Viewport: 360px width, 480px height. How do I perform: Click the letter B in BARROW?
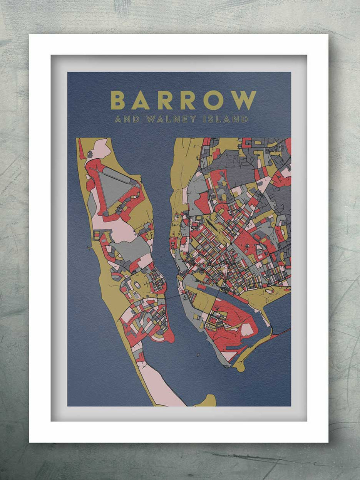coord(117,100)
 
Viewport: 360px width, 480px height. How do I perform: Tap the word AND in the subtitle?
coord(127,119)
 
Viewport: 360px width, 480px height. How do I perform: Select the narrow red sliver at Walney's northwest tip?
coord(81,149)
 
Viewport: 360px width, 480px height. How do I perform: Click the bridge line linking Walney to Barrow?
coord(174,297)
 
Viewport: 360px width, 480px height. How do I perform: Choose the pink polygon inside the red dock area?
coord(246,329)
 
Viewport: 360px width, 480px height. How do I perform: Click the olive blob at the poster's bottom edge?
coord(207,401)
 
